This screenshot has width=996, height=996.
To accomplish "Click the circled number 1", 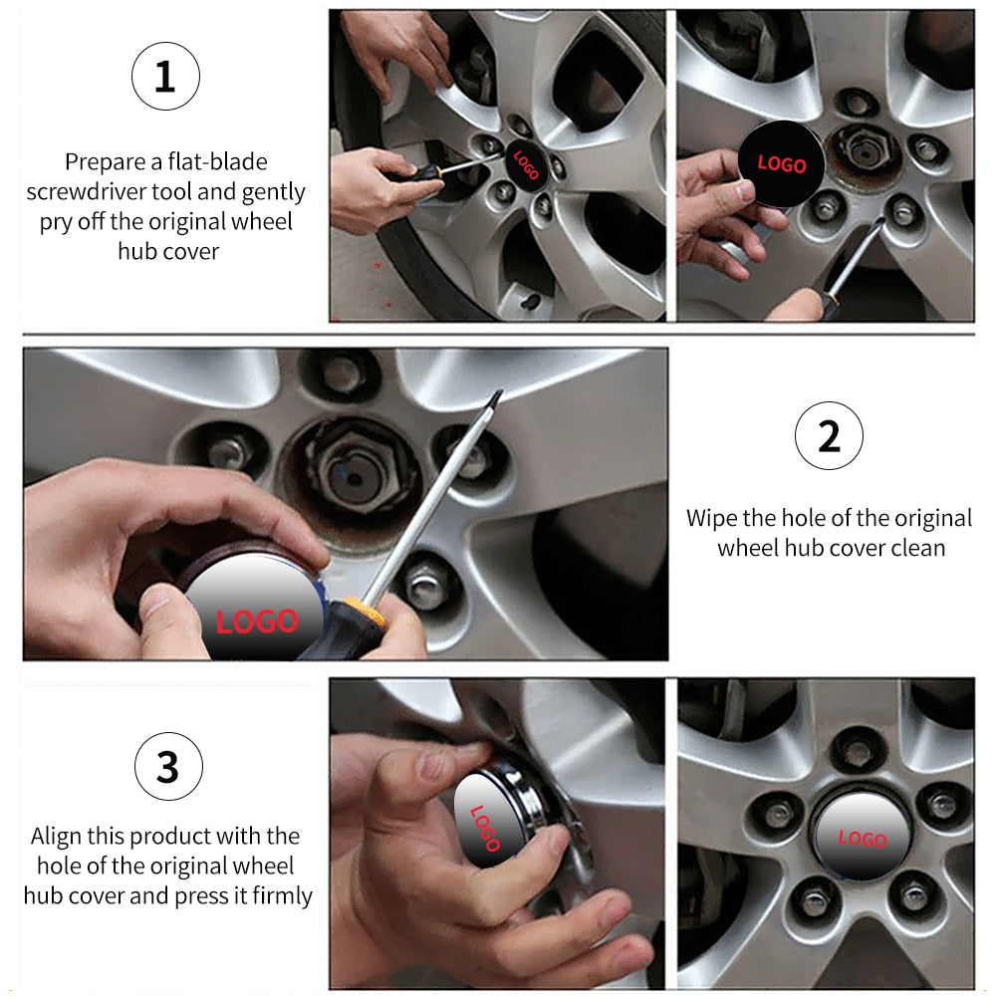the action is pos(165,77).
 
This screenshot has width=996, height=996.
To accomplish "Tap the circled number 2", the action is pos(829,436).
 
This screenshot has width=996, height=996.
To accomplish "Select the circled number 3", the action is pos(168,766).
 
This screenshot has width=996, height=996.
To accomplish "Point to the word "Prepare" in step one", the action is pos(106,162).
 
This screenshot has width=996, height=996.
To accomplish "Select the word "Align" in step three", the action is pos(56,836).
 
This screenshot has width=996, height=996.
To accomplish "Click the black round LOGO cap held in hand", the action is pos(781,164).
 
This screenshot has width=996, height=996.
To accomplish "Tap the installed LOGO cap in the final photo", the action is pos(862,838).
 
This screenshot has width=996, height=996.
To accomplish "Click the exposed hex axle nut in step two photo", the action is pos(354,469).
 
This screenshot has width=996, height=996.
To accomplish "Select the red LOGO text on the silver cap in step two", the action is pos(257,622).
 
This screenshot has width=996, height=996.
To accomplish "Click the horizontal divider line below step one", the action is pos(499,334).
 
